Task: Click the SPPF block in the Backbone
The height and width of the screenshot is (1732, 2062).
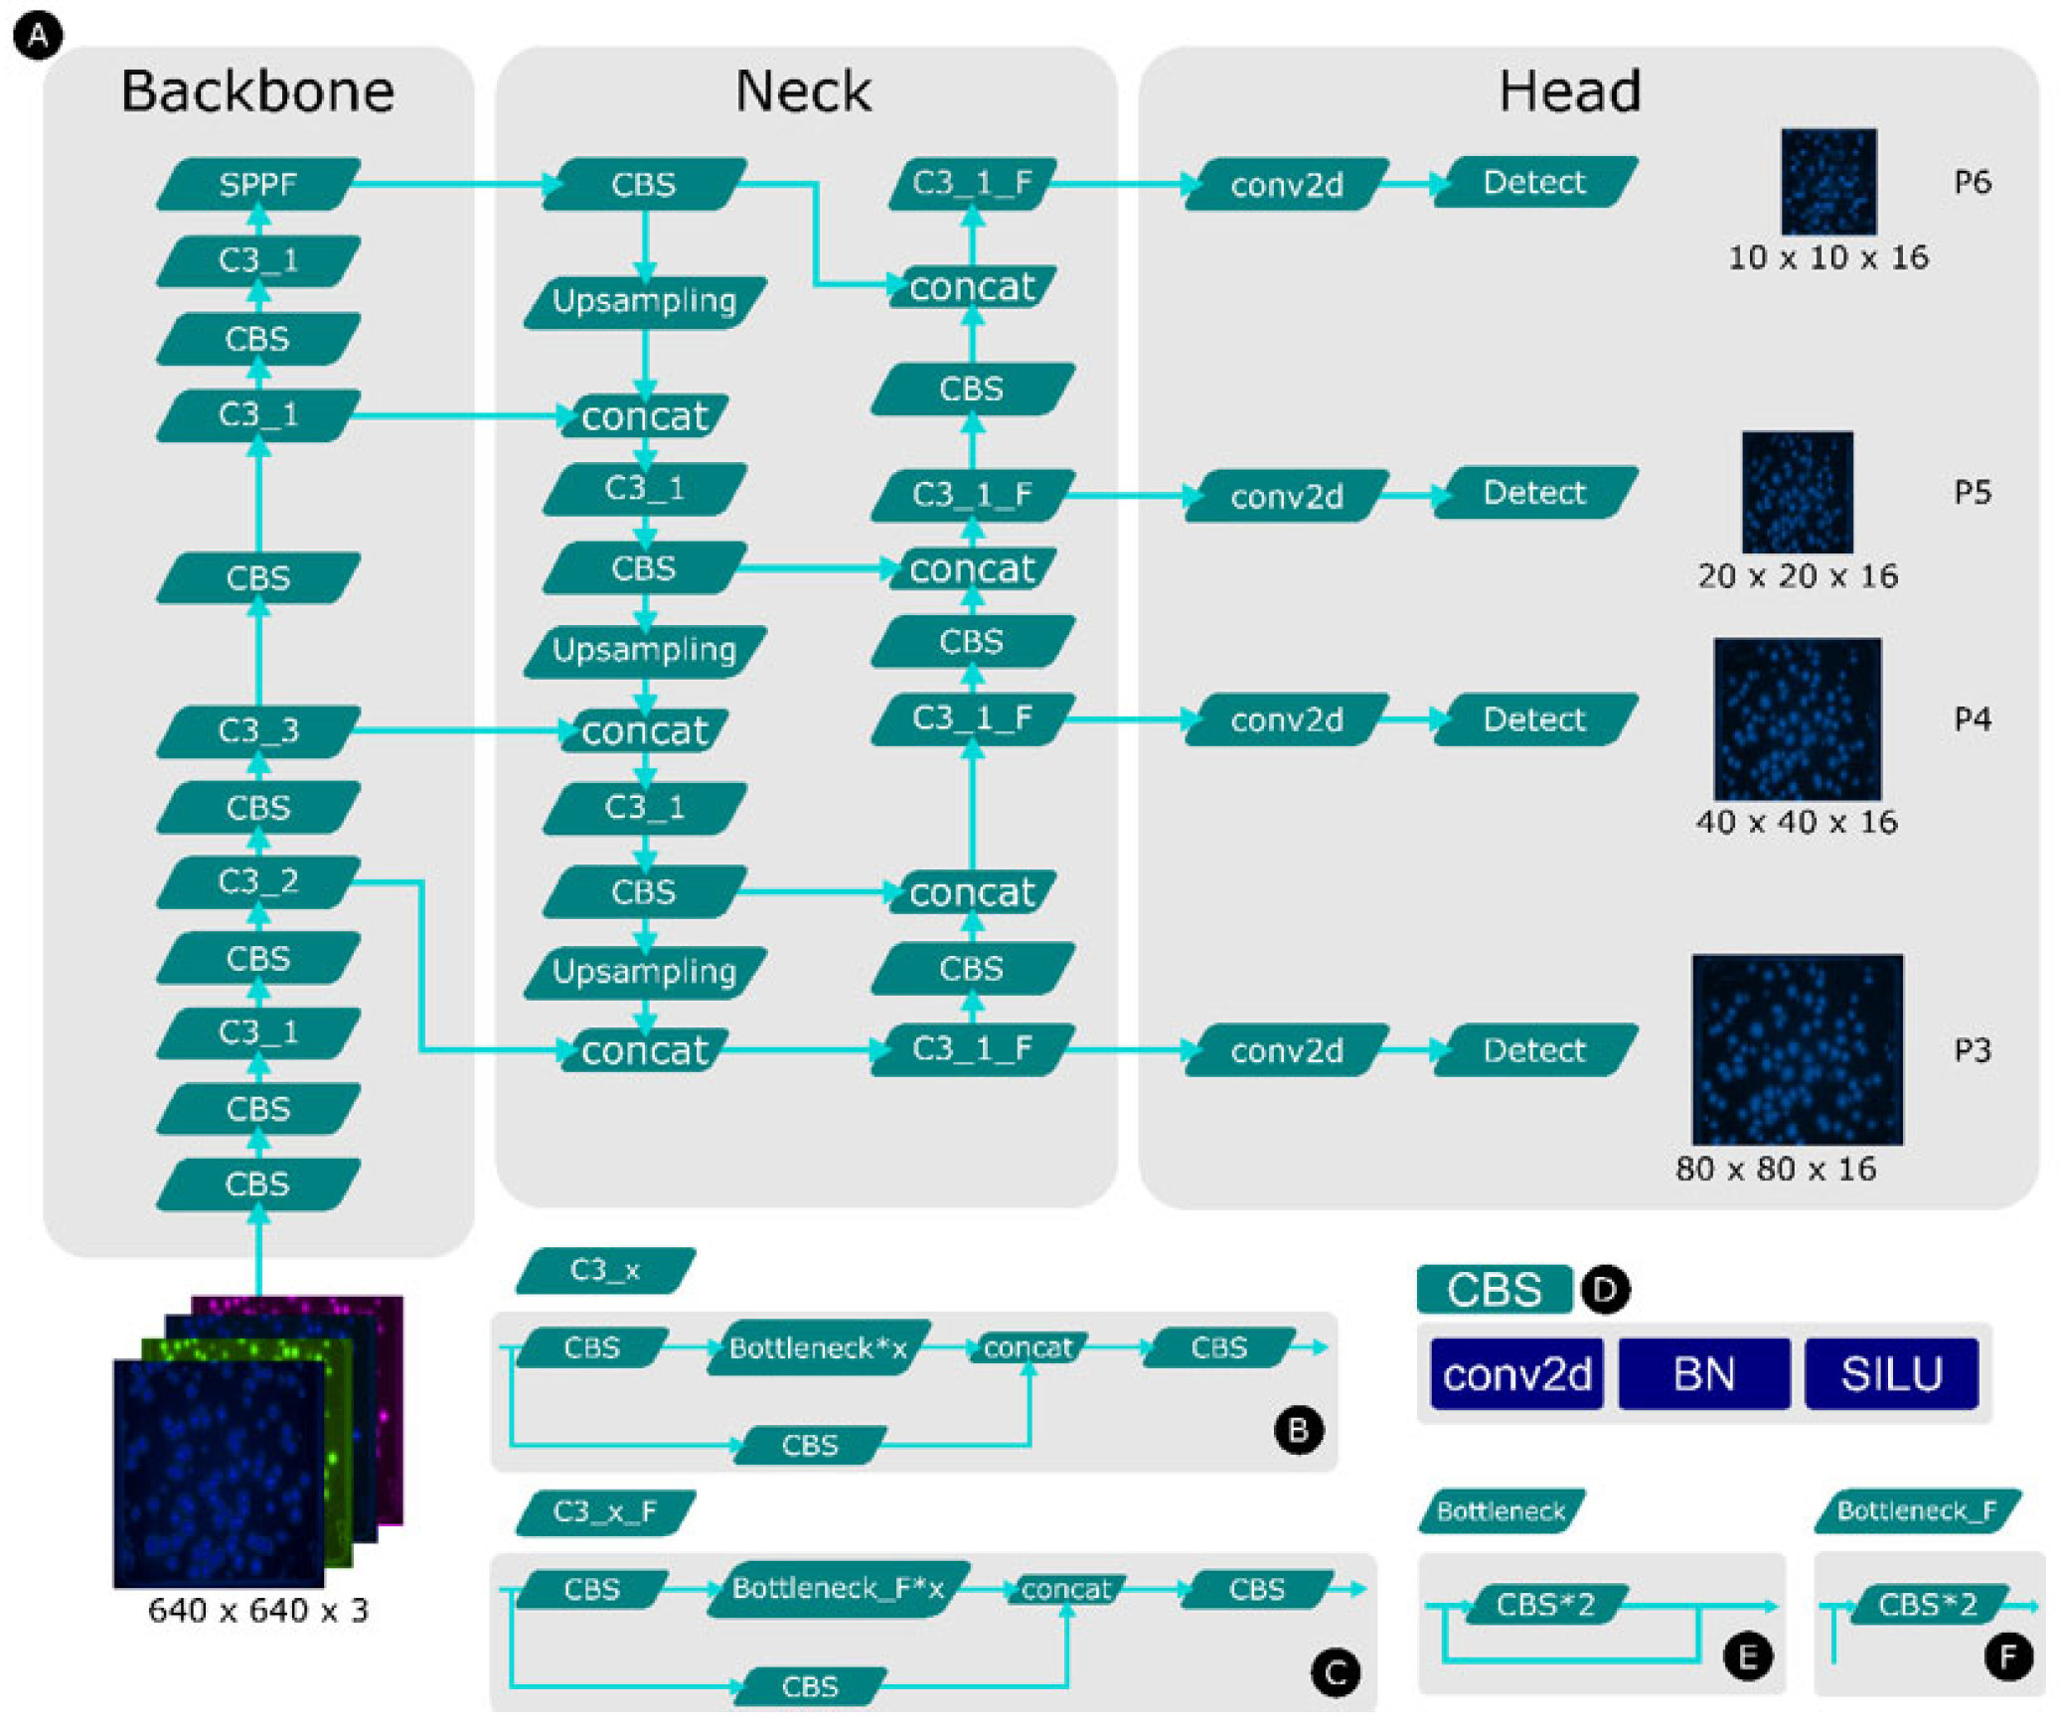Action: [x=257, y=184]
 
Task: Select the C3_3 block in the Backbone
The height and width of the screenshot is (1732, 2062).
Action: [x=257, y=730]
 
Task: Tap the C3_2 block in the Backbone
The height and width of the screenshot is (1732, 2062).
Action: [x=257, y=880]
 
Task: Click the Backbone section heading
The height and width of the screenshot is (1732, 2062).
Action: [x=257, y=91]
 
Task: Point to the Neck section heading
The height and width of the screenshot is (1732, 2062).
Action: [x=802, y=91]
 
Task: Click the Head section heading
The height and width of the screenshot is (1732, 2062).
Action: [x=1568, y=91]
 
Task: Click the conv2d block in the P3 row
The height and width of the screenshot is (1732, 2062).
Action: [x=1286, y=1050]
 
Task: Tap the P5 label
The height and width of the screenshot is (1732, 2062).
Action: [x=1972, y=493]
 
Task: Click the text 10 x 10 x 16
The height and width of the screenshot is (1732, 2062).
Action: [x=1827, y=257]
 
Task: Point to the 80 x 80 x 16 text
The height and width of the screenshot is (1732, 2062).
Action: [x=1775, y=1169]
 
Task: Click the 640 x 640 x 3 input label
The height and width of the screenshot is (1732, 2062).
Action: [x=257, y=1610]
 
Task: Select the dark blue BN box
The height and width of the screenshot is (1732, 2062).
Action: [x=1703, y=1373]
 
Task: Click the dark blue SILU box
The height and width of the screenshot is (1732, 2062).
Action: [x=1890, y=1373]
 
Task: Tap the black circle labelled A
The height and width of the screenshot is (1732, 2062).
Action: [x=38, y=37]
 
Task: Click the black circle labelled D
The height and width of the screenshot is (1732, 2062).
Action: [x=1604, y=1290]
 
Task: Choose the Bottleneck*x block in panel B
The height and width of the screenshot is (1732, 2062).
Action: [x=817, y=1347]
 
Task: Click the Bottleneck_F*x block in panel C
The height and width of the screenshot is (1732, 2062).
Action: [x=837, y=1588]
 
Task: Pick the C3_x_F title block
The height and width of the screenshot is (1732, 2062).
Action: [x=604, y=1511]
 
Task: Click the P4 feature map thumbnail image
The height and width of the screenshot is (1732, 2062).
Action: [x=1797, y=718]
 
